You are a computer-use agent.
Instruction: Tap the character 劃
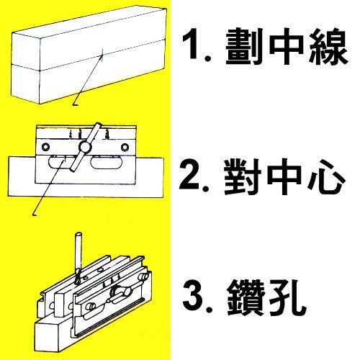pos(243,46)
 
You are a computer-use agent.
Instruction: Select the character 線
pos(328,46)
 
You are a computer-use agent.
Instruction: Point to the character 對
pos(243,177)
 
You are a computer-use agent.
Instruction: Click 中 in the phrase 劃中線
pos(286,46)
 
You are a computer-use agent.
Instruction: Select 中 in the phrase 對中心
pos(284,177)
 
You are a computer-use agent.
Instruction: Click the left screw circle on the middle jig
pos(45,146)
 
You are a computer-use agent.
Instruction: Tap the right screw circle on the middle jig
pos(125,147)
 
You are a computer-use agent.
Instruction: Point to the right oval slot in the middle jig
pos(106,163)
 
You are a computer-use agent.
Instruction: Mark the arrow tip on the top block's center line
pos(102,55)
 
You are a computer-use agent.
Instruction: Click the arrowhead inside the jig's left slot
pos(64,161)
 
